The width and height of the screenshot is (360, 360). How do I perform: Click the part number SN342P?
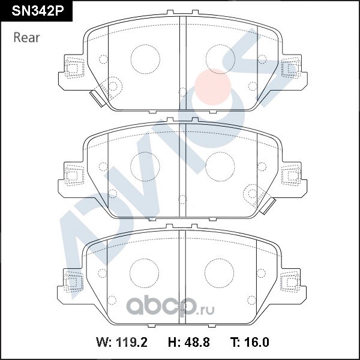38,11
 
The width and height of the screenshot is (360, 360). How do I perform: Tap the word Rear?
26,38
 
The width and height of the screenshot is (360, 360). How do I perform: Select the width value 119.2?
131,343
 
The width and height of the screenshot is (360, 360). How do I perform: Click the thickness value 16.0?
256,343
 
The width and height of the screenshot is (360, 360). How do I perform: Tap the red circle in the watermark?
212,87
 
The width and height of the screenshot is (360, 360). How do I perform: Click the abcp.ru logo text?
170,306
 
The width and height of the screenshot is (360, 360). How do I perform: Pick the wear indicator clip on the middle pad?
268,206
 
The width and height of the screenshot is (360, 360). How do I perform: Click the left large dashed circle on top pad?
145,59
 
